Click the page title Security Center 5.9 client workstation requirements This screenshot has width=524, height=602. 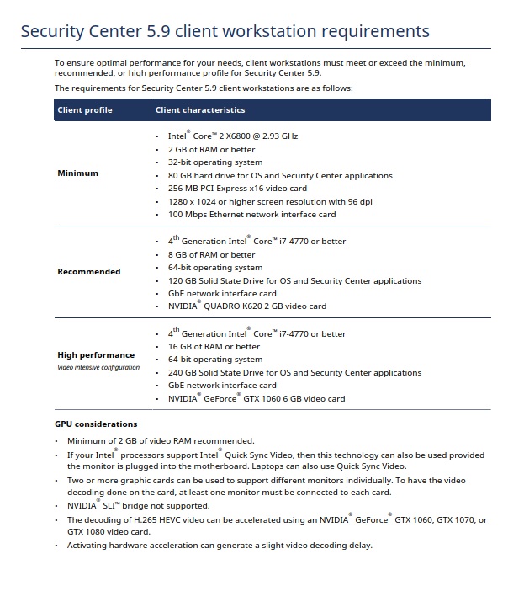click(x=225, y=32)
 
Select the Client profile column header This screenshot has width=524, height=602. click(x=84, y=110)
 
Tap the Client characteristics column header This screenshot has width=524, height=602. click(x=200, y=110)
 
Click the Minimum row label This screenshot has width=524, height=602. click(x=77, y=173)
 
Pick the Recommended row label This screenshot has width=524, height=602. click(x=88, y=272)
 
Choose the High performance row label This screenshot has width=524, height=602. click(x=95, y=355)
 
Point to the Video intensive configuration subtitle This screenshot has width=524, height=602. click(x=98, y=368)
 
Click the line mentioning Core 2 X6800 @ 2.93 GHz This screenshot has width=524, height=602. click(x=233, y=136)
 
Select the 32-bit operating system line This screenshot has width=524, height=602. click(x=214, y=162)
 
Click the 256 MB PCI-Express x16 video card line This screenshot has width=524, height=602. click(x=237, y=189)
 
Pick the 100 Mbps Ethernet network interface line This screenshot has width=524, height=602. click(x=251, y=215)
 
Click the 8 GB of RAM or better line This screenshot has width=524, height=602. click(x=211, y=254)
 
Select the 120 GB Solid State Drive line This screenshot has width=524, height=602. click(x=294, y=280)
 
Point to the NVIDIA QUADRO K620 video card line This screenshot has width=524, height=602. click(x=246, y=306)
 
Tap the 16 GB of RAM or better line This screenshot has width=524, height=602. click(x=214, y=347)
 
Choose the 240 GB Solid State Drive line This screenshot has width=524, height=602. click(x=294, y=373)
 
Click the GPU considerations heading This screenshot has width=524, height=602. click(x=95, y=424)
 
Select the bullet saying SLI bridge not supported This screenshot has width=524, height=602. click(x=138, y=506)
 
